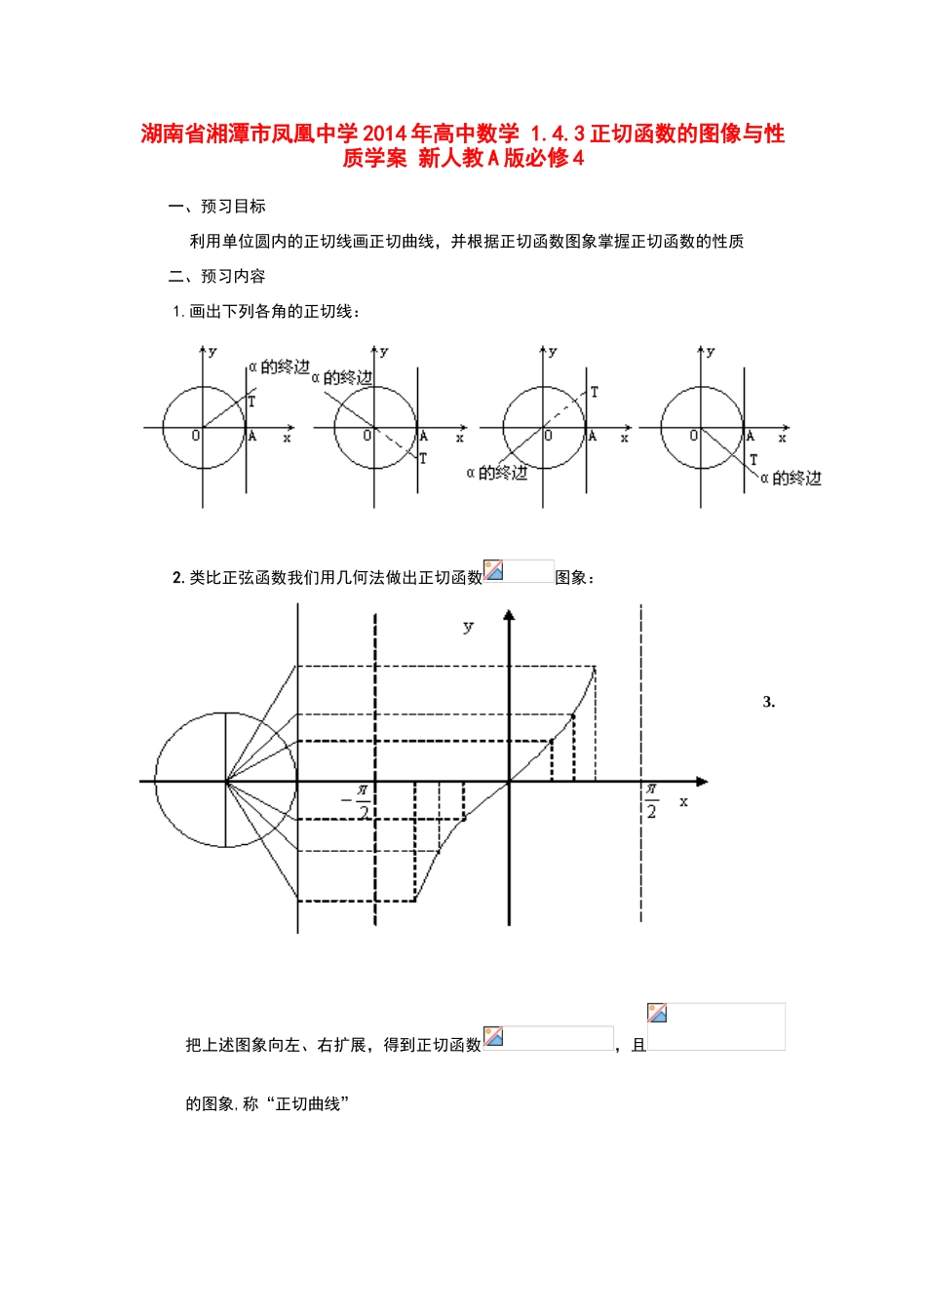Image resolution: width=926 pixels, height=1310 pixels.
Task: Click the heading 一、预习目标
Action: click(x=217, y=207)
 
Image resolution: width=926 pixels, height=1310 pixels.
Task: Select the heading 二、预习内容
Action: click(x=217, y=277)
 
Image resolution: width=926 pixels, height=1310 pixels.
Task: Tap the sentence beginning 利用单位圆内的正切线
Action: click(x=466, y=242)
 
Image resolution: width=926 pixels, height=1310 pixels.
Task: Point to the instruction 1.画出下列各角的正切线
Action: click(x=266, y=312)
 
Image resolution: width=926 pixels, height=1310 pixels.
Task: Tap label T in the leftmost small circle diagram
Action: click(x=251, y=401)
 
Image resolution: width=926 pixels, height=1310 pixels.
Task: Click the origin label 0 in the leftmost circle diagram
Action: click(x=195, y=436)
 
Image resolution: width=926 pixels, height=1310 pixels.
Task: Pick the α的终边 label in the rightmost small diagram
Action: click(x=791, y=478)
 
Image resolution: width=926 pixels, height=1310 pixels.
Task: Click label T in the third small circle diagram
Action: click(x=595, y=392)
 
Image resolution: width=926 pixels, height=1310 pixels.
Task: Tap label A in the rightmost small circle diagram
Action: click(x=751, y=437)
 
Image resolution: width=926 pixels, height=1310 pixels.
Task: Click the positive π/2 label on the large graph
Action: click(x=651, y=800)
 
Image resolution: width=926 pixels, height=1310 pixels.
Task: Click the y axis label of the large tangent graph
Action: click(x=468, y=627)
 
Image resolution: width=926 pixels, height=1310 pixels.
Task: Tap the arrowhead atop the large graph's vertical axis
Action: click(x=509, y=615)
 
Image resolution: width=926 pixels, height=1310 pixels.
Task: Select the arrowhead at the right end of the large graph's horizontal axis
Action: click(x=702, y=782)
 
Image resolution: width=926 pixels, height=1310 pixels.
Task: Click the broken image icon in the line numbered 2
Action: click(x=494, y=571)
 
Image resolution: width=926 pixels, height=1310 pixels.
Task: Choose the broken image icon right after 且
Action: click(x=657, y=1014)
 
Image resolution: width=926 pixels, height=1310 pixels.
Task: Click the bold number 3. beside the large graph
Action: click(x=769, y=702)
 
